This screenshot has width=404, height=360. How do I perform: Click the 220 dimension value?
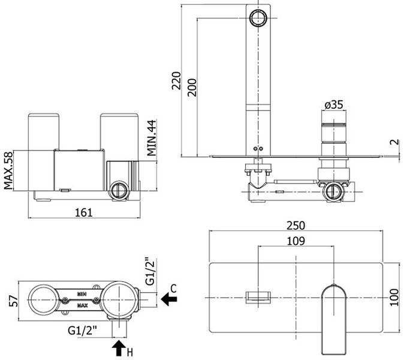(176, 81)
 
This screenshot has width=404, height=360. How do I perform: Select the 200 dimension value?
(192, 88)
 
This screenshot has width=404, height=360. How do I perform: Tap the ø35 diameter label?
(334, 104)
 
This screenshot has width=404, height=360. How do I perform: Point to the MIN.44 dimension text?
(152, 138)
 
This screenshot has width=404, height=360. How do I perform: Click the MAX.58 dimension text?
(8, 170)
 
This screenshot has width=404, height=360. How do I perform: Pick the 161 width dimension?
(84, 212)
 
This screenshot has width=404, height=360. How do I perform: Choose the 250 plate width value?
(296, 226)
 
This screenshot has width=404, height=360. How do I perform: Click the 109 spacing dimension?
(296, 241)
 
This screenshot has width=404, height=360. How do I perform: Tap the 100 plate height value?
(394, 298)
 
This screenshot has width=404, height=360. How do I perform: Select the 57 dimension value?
(14, 301)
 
